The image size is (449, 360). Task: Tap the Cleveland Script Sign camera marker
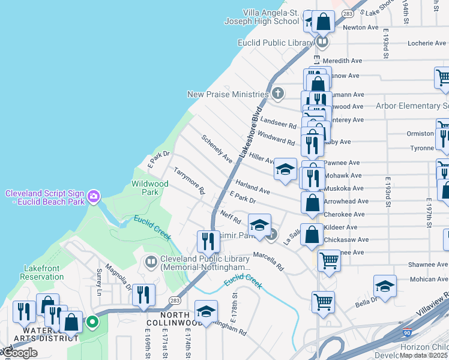93,196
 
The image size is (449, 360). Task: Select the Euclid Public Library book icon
322,42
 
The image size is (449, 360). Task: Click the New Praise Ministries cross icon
277,94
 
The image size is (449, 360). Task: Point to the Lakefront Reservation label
42,272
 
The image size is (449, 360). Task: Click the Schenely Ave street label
217,149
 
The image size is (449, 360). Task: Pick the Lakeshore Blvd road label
251,132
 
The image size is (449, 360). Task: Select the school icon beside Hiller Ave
286,169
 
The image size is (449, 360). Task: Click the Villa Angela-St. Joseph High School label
262,17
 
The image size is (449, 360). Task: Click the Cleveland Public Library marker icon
150,262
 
